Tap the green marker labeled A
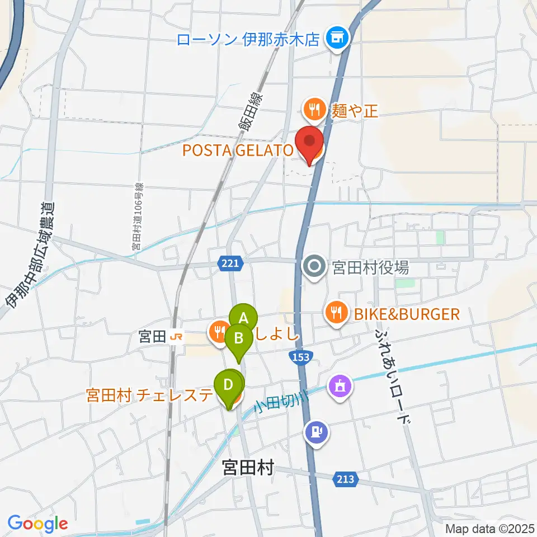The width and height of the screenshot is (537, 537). coord(243,318)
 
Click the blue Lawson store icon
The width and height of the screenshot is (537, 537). coord(337,39)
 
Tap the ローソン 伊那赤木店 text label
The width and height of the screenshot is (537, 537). coord(248,40)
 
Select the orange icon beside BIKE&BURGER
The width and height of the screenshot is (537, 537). coord(336,313)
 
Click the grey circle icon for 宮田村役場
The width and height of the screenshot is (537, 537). coord(314,266)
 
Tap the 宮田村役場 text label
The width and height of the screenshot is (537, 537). coord(370,267)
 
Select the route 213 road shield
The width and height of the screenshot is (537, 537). coord(345,479)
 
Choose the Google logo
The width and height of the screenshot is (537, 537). coord(37,524)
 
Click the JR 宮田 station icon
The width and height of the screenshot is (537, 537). coord(176,337)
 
